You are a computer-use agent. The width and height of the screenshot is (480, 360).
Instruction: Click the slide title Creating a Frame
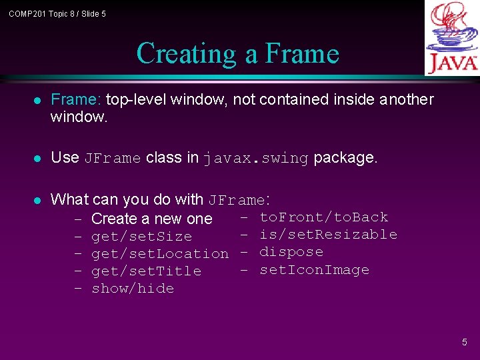(x=237, y=54)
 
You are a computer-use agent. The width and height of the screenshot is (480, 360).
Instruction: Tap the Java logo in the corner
(x=452, y=38)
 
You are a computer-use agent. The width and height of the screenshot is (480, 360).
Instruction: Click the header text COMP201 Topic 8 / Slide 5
(x=57, y=14)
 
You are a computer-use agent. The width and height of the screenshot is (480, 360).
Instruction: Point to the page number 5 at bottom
(x=465, y=342)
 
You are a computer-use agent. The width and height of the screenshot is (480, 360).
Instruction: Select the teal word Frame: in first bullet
(x=76, y=100)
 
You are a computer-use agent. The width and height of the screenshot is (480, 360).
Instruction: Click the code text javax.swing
(x=256, y=159)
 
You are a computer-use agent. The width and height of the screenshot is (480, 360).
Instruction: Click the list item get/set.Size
(x=141, y=237)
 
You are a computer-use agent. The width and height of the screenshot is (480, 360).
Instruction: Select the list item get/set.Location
(x=159, y=254)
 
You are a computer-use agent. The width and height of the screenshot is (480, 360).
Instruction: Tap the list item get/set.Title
(x=146, y=271)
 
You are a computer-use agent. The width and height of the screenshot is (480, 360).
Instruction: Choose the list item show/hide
(x=133, y=289)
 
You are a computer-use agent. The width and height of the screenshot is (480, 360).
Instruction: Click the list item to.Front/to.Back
(x=323, y=217)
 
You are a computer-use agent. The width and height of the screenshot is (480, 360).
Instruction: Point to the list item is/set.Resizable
(x=328, y=235)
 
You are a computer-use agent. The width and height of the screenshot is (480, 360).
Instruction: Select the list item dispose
(x=291, y=252)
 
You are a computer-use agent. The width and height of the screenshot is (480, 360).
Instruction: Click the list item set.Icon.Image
(x=314, y=270)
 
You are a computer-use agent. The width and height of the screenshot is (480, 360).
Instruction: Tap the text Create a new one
(x=151, y=219)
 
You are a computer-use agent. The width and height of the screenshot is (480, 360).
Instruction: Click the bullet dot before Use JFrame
(x=37, y=159)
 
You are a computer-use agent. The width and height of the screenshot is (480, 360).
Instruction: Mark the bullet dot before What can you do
(x=37, y=200)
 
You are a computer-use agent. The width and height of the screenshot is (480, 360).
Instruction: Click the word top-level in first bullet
(x=136, y=100)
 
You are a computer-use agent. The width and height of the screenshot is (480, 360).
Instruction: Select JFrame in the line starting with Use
(x=112, y=159)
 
